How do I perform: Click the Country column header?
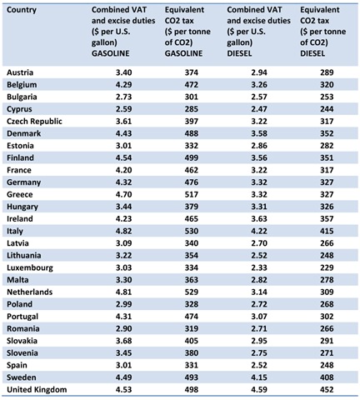pyautogui.click(x=22, y=10)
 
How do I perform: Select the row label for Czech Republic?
pyautogui.click(x=34, y=122)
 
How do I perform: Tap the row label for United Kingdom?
pyautogui.click(x=37, y=390)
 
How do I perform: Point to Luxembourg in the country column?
pyautogui.click(x=30, y=267)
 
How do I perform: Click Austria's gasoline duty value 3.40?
pyautogui.click(x=124, y=72)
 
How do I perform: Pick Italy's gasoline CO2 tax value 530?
pyautogui.click(x=192, y=231)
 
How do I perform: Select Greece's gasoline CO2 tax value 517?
pyautogui.click(x=192, y=194)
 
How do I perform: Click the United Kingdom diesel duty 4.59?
pyautogui.click(x=259, y=390)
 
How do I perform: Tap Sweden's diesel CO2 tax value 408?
pyautogui.click(x=327, y=377)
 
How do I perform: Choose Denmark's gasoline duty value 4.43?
pyautogui.click(x=124, y=133)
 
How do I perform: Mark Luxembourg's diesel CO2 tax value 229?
pyautogui.click(x=327, y=267)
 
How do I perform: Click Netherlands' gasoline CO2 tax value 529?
pyautogui.click(x=192, y=292)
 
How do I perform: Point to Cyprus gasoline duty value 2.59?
pyautogui.click(x=124, y=109)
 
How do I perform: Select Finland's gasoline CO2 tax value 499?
pyautogui.click(x=192, y=158)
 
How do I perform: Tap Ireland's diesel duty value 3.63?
pyautogui.click(x=259, y=219)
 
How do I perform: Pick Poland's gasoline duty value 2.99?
pyautogui.click(x=124, y=304)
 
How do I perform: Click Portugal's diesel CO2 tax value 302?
pyautogui.click(x=327, y=317)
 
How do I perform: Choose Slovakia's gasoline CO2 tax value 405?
pyautogui.click(x=192, y=341)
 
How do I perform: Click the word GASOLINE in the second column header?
pyautogui.click(x=111, y=53)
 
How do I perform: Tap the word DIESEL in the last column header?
pyautogui.click(x=312, y=53)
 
